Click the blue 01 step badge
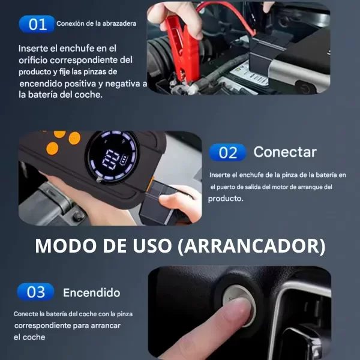click(37, 24)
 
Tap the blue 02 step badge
click(227, 152)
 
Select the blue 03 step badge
click(35, 292)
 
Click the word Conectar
click(285, 152)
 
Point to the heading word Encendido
click(92, 293)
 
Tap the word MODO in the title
click(65, 246)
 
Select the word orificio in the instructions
click(33, 60)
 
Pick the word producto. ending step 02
click(226, 199)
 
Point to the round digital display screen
click(112, 157)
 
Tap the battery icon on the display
click(123, 160)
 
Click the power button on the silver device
click(305, 88)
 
